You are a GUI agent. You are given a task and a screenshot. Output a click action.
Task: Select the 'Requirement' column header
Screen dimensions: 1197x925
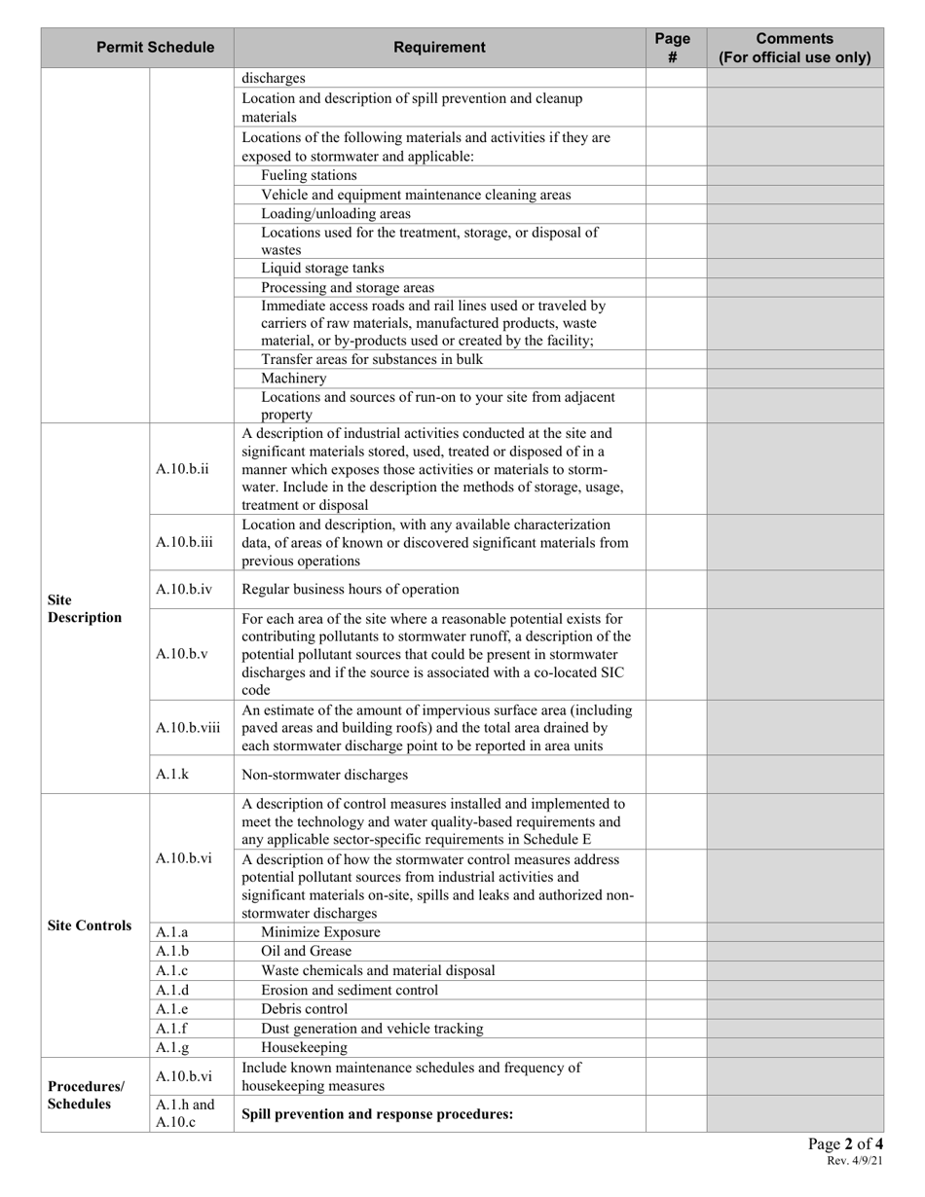pos(439,48)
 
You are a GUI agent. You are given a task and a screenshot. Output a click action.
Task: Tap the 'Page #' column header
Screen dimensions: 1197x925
pos(672,48)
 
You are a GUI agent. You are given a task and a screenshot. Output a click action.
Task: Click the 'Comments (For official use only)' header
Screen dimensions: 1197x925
pos(795,48)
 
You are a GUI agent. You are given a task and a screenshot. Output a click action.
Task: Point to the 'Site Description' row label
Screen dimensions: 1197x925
pos(85,609)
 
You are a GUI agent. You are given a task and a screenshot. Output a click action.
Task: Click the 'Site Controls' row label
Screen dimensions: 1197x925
pos(90,925)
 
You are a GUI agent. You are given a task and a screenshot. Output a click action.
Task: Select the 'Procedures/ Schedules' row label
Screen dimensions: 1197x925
pos(87,1095)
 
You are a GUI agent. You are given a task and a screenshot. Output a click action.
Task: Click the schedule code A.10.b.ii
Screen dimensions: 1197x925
pos(182,469)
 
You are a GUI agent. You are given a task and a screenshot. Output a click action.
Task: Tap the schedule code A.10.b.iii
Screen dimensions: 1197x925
pos(184,542)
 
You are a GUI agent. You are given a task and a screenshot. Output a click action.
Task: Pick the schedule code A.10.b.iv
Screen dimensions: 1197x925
pos(184,589)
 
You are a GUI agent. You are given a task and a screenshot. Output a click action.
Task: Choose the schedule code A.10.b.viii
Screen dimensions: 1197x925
pos(188,727)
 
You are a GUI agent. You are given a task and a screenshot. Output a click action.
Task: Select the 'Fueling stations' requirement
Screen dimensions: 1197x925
pos(309,175)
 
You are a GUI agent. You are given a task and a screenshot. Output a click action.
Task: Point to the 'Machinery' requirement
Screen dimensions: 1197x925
pos(293,378)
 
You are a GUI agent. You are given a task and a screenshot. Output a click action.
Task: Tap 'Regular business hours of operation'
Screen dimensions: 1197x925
pos(351,589)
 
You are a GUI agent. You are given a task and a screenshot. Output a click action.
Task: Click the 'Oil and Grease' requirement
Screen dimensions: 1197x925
pos(306,951)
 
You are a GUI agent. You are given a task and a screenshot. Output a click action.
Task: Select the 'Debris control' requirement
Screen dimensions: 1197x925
pos(304,1009)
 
